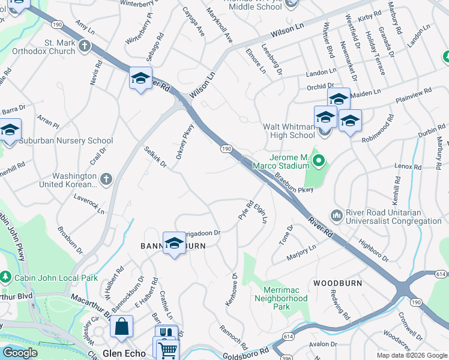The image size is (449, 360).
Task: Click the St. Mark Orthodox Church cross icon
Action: point(85,46)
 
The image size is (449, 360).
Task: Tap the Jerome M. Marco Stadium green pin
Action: point(319,160)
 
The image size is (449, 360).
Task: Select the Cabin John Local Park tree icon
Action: point(7,277)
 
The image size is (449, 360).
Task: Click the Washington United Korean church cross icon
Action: point(106,178)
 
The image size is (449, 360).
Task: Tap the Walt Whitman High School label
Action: point(289,131)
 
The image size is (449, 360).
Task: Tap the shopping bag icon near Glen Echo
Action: point(121,327)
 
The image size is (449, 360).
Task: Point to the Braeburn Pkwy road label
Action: point(295,183)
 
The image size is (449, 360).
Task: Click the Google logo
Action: point(20,353)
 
